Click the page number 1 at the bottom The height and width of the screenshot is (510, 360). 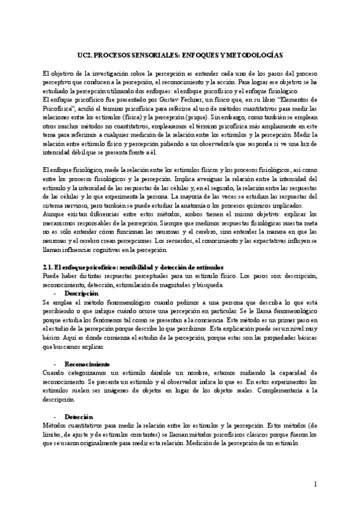(315, 485)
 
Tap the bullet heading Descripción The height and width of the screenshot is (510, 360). (82, 292)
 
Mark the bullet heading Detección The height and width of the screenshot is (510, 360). (79, 416)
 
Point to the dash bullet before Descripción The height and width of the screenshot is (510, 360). (55, 292)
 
